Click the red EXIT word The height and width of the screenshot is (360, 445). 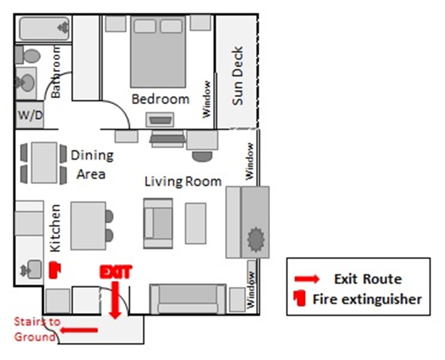point(116,272)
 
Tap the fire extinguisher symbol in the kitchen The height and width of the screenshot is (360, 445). point(55,270)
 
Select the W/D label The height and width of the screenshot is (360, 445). point(30,115)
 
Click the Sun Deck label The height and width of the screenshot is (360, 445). point(238,76)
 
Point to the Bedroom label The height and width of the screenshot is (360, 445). point(160,99)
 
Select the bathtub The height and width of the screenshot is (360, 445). point(44,29)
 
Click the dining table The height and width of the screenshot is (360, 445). point(44,162)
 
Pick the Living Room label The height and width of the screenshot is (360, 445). point(183,182)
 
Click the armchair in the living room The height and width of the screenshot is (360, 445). point(158,223)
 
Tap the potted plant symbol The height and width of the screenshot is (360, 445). point(256,239)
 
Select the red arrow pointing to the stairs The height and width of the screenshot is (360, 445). point(79,330)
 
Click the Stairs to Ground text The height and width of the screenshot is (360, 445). point(37,329)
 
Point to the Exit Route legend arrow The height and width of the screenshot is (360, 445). point(307,279)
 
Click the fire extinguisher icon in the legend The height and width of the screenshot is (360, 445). point(300,298)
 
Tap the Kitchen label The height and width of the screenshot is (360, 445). point(56,228)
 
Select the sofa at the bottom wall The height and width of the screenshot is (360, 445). point(188,299)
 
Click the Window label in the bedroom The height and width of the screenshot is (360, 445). point(207,99)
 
